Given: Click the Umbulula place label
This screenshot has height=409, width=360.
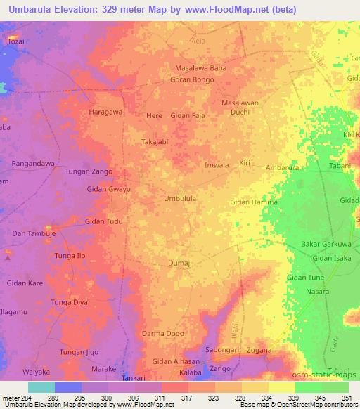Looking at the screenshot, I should [179, 199].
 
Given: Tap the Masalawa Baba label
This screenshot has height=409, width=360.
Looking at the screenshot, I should [200, 67].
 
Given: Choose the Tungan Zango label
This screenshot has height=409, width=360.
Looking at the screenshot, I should [89, 171].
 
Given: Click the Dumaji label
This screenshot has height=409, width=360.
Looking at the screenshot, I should [180, 264].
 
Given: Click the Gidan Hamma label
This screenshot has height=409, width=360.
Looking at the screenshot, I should [254, 202].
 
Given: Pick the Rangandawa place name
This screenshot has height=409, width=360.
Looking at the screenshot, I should [34, 164].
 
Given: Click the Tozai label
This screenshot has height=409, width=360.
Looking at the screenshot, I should [16, 41].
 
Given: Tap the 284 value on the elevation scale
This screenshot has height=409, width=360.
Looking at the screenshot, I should [27, 398].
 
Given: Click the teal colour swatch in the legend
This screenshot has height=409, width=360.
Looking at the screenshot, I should [41, 387].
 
